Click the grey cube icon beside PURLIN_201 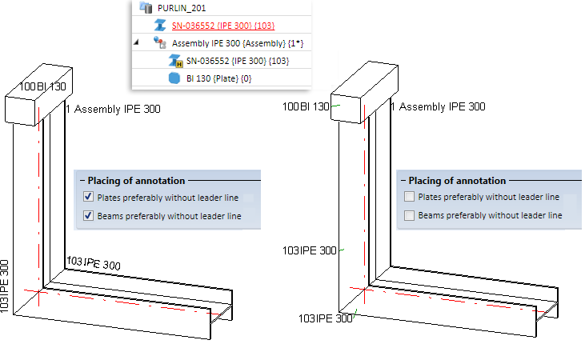pyautogui.click(x=146, y=7)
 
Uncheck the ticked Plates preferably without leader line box pyautogui.click(x=88, y=197)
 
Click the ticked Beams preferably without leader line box pyautogui.click(x=88, y=215)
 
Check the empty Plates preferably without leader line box pyautogui.click(x=410, y=197)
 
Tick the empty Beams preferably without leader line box pyautogui.click(x=410, y=215)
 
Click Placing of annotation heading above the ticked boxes pyautogui.click(x=136, y=181)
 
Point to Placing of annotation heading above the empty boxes pyautogui.click(x=457, y=181)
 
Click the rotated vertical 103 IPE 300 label pyautogui.click(x=6, y=286)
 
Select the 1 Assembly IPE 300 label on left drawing pyautogui.click(x=113, y=108)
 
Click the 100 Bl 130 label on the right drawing pyautogui.click(x=305, y=106)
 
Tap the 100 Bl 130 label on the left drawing pyautogui.click(x=42, y=86)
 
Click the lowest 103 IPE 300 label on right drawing pyautogui.click(x=325, y=318)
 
